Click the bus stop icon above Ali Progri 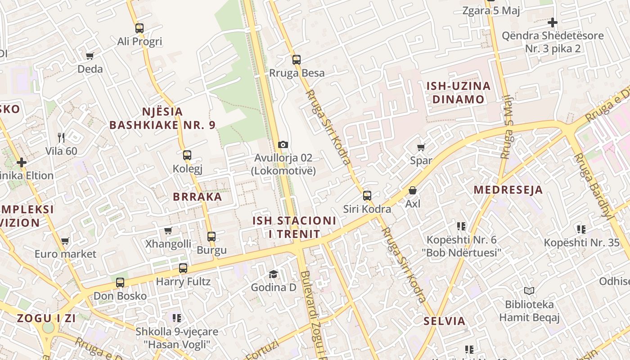[139, 28]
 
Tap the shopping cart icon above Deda [90, 56]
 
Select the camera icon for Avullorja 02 [283, 144]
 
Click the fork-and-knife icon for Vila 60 [61, 137]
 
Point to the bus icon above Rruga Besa [296, 59]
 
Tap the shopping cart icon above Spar [421, 147]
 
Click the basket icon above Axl [413, 190]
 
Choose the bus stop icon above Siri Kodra [367, 195]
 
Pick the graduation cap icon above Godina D [273, 274]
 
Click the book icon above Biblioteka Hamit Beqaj [529, 291]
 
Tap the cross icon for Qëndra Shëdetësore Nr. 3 [553, 22]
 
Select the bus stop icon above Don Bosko [120, 283]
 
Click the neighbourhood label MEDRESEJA [508, 190]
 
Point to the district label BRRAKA [198, 197]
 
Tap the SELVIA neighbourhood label [445, 321]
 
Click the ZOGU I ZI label [46, 318]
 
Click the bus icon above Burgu [211, 236]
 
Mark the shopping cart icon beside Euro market [65, 241]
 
